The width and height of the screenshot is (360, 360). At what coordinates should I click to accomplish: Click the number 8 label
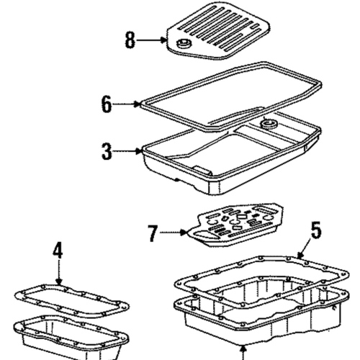[x=130, y=40]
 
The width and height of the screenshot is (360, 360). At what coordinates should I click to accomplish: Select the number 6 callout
[x=107, y=104]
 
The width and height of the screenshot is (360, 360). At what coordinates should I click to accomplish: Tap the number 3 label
[x=107, y=151]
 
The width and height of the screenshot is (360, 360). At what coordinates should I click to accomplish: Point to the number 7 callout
[x=152, y=233]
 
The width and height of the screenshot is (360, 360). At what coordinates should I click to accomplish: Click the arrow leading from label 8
[x=152, y=41]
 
